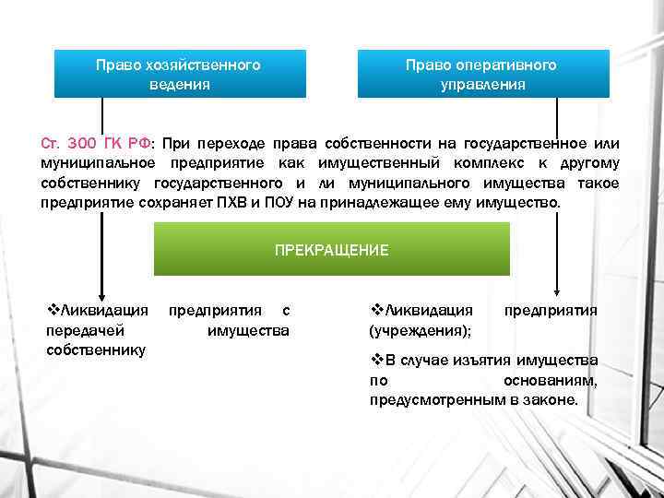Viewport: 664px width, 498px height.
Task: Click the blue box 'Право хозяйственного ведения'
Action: pyautogui.click(x=179, y=75)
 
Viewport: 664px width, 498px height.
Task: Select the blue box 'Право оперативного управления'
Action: pyautogui.click(x=483, y=75)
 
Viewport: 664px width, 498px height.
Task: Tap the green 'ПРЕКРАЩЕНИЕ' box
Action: pyautogui.click(x=331, y=250)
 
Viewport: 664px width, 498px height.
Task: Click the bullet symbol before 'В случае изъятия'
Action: pyautogui.click(x=376, y=360)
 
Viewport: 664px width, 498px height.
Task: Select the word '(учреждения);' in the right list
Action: pyautogui.click(x=420, y=330)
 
